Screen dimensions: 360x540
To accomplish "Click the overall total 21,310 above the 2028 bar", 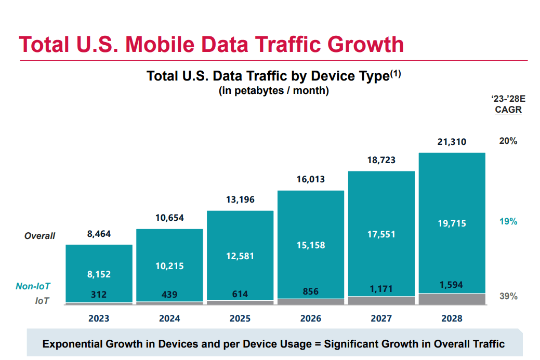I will pyautogui.click(x=452, y=142).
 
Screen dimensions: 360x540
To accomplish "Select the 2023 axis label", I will pyautogui.click(x=99, y=318).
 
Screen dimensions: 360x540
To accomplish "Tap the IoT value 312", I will pyautogui.click(x=99, y=295).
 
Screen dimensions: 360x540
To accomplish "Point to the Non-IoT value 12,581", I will pyautogui.click(x=240, y=256).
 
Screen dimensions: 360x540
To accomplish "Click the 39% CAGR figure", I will pyautogui.click(x=508, y=296).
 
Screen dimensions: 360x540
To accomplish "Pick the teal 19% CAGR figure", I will pyautogui.click(x=508, y=221).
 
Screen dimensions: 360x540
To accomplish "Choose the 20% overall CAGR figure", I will pyautogui.click(x=508, y=141).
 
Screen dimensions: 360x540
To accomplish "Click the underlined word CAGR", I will pyautogui.click(x=508, y=110).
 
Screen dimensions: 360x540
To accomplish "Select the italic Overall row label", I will pyautogui.click(x=39, y=236).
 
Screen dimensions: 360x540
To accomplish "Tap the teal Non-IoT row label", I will pyautogui.click(x=33, y=286).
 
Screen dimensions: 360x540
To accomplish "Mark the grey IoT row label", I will pyautogui.click(x=42, y=300).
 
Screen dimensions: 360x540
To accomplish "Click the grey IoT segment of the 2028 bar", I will pyautogui.click(x=452, y=299).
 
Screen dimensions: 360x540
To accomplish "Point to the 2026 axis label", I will pyautogui.click(x=311, y=318).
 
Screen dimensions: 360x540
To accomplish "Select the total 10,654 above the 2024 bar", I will pyautogui.click(x=169, y=218).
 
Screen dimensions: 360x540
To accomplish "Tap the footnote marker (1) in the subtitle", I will pyautogui.click(x=396, y=74).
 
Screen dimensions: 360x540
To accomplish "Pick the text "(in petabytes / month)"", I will pyautogui.click(x=273, y=91).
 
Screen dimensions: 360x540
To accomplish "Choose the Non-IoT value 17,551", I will pyautogui.click(x=381, y=234).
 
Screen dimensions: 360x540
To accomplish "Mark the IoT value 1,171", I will pyautogui.click(x=381, y=289).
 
